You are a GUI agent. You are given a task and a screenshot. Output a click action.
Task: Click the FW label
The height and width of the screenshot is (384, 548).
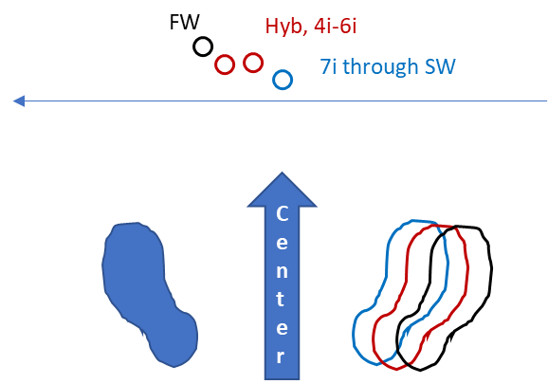(184, 23)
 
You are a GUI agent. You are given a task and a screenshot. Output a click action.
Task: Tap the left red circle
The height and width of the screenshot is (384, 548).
(225, 56)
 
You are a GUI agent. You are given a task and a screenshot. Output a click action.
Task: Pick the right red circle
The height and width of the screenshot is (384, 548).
(253, 54)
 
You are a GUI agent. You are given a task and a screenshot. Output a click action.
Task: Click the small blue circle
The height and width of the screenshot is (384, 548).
(283, 71)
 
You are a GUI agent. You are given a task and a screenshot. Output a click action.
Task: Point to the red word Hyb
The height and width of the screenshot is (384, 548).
(286, 27)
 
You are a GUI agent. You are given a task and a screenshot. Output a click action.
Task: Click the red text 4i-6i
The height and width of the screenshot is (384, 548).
(336, 27)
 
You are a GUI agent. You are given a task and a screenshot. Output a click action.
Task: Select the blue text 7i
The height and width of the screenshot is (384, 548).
(329, 66)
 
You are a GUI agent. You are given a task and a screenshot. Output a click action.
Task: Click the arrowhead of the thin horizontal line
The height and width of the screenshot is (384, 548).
(19, 101)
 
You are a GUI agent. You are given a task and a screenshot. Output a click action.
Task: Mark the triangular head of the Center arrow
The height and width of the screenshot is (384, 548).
(282, 190)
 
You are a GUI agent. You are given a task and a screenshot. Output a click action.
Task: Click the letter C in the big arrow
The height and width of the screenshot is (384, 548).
(282, 213)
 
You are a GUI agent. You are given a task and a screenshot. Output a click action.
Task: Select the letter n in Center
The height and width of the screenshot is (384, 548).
(282, 271)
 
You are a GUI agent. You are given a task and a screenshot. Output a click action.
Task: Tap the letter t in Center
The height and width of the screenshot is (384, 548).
(281, 299)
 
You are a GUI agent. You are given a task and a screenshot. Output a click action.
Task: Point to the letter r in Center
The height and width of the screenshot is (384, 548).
(281, 357)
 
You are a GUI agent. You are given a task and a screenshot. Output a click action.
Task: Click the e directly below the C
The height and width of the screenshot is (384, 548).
(282, 242)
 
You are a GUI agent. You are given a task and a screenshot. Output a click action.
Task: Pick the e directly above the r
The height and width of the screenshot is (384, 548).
(282, 328)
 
